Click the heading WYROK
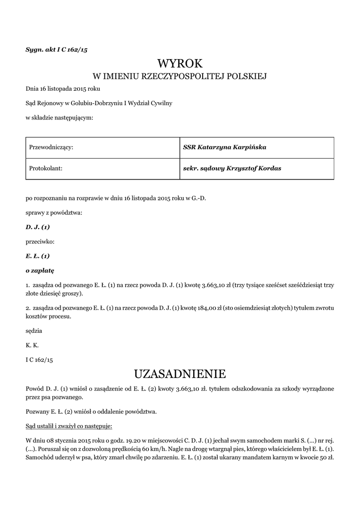180,63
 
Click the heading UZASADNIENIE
180,373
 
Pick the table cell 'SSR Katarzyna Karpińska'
224,147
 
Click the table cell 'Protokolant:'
44,169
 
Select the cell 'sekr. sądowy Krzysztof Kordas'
232,169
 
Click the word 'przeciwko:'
40,242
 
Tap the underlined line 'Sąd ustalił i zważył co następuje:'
69,426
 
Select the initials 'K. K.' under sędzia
32,345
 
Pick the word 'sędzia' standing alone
34,330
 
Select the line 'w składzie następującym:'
59,118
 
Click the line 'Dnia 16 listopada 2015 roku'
63,89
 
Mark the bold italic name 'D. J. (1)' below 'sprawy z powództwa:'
38,227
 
